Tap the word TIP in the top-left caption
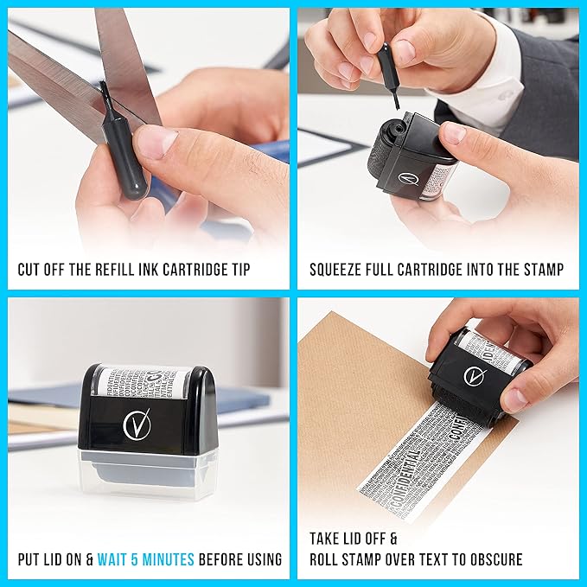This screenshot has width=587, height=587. pos(237,270)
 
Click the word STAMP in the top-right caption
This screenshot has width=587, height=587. pos(541,270)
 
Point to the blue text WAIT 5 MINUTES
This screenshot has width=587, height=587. pos(146,559)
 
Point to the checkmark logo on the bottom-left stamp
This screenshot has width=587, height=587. pos(137,424)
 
